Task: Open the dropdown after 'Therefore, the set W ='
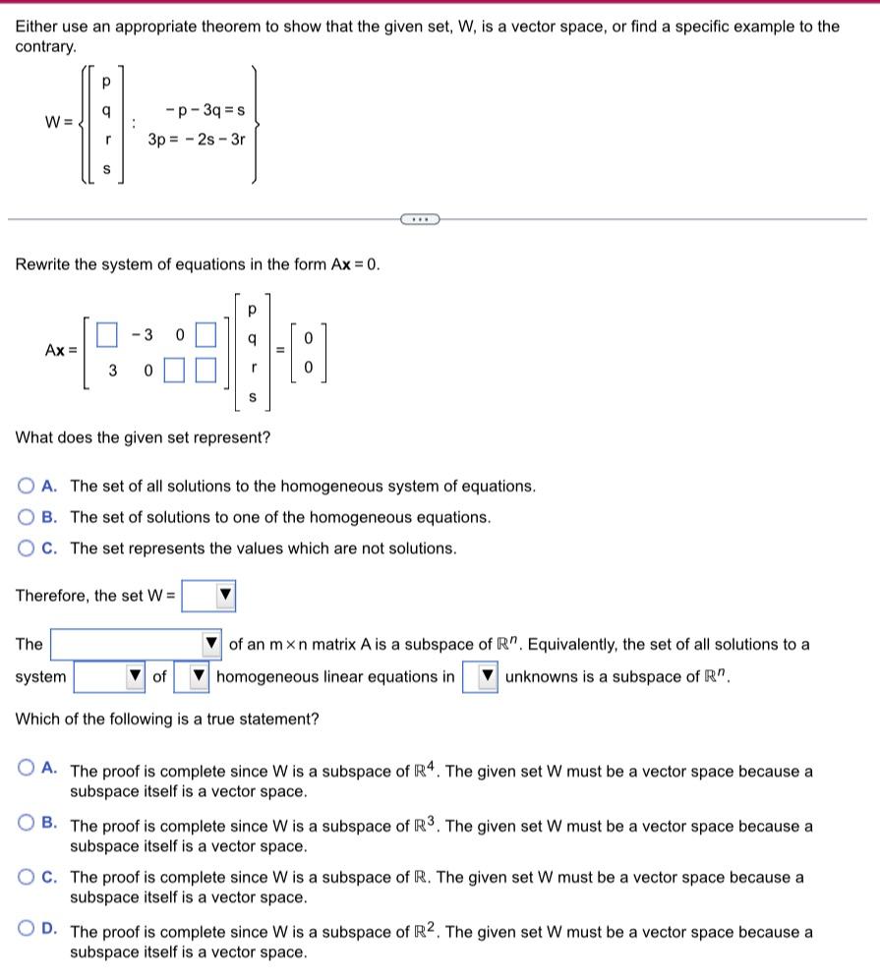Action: [208, 595]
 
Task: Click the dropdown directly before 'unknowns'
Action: [480, 677]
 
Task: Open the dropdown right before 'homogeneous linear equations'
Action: [191, 677]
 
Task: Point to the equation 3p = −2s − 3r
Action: [197, 140]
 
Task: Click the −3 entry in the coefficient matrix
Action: [143, 335]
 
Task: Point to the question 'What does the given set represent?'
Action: [143, 437]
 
